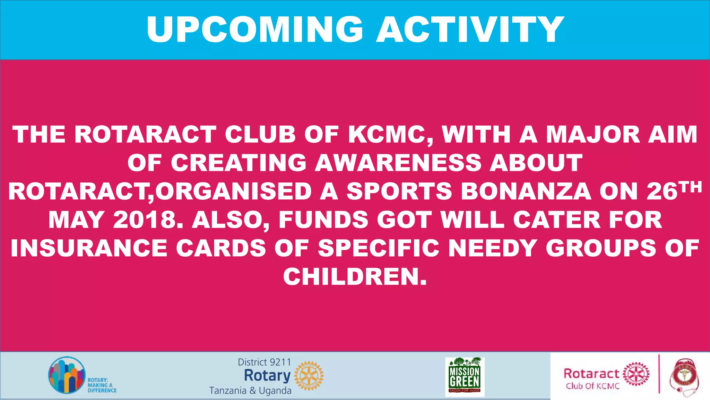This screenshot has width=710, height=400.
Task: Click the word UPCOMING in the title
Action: tap(255, 30)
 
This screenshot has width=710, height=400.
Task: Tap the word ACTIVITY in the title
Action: tap(470, 30)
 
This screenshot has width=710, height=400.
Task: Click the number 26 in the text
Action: tap(662, 191)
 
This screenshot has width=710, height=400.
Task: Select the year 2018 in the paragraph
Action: tap(145, 220)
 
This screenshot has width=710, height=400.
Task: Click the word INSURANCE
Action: tap(89, 248)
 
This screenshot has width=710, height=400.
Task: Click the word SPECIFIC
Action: tap(379, 248)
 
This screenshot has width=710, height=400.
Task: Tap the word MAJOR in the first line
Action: tap(593, 135)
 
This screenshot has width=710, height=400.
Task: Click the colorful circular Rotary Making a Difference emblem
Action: tap(67, 375)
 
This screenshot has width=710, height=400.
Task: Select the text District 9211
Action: tap(264, 362)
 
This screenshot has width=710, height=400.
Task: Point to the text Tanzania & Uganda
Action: tap(250, 391)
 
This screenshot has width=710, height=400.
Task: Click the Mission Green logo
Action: tap(465, 377)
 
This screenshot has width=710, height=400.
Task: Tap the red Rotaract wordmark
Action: tap(591, 374)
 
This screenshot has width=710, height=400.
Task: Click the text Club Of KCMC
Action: tap(592, 386)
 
